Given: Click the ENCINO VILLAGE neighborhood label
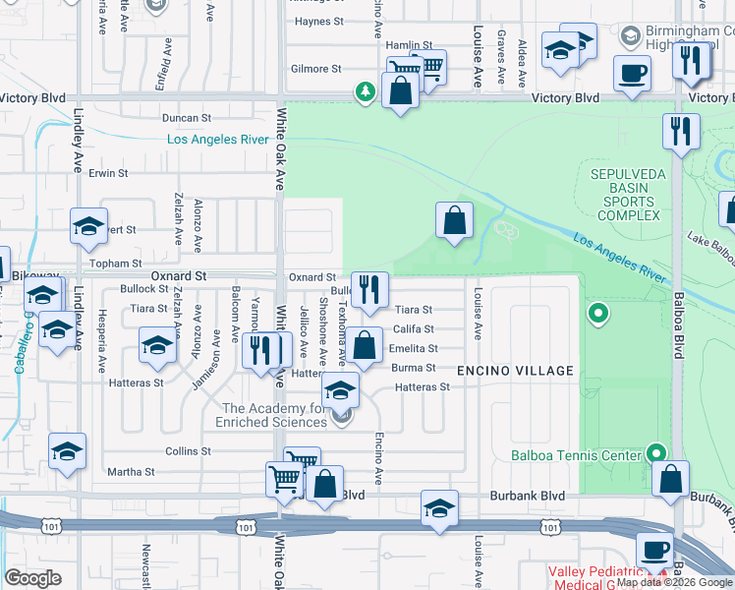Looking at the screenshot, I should (x=515, y=371).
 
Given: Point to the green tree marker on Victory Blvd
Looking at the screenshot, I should (x=366, y=92).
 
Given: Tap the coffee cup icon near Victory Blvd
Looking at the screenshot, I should (x=632, y=72).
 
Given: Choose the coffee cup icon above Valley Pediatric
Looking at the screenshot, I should (x=654, y=550).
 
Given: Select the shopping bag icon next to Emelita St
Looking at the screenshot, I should (x=364, y=346).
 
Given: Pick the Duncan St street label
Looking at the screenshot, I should (x=187, y=118).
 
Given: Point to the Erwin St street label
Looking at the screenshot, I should (x=108, y=173).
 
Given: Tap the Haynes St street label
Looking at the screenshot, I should (x=317, y=21).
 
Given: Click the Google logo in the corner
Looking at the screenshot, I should (x=32, y=577).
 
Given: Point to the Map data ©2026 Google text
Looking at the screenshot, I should (x=674, y=582).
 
